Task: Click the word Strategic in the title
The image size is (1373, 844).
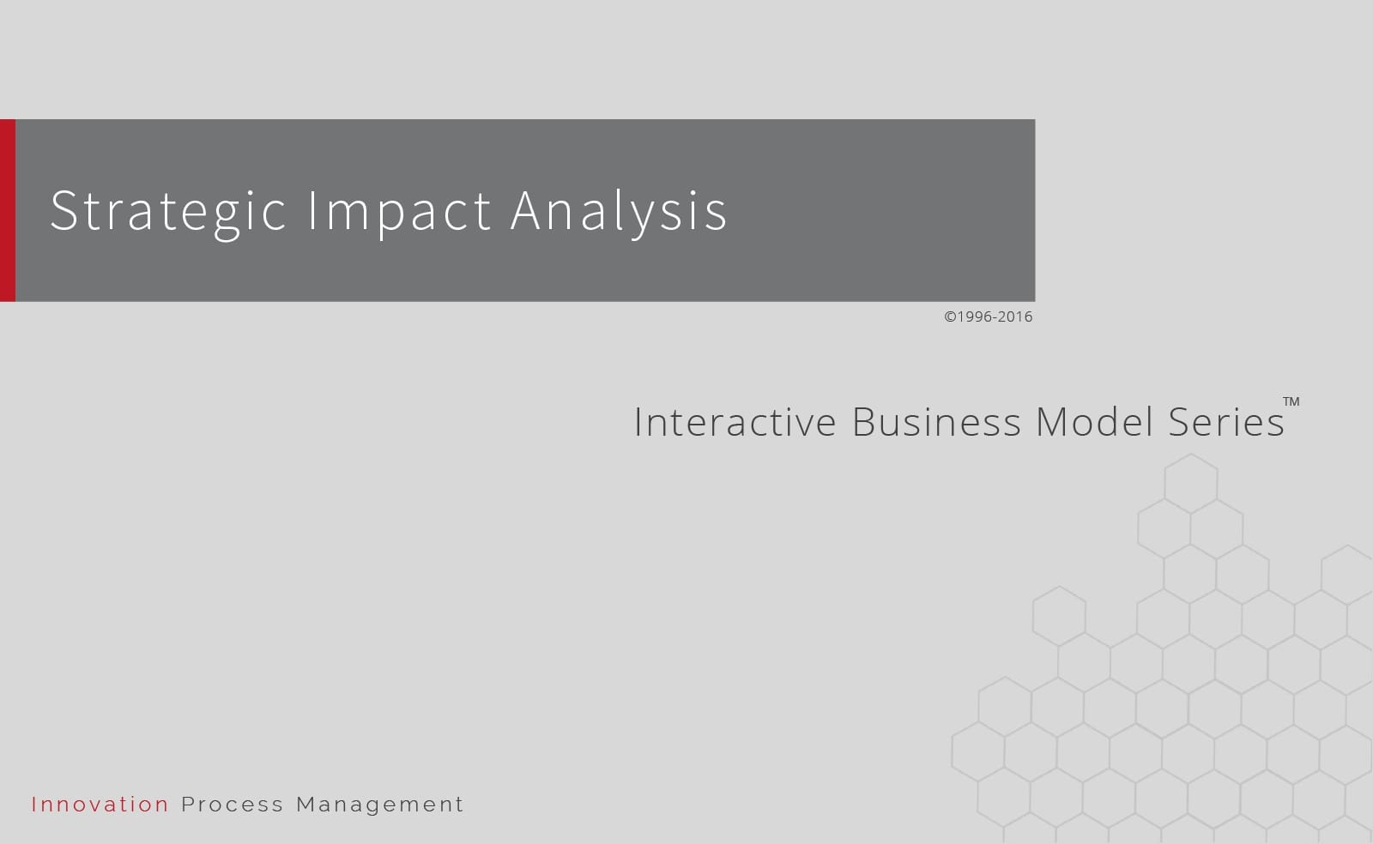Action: pos(167,210)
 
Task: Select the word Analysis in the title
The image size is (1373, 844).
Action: pos(619,210)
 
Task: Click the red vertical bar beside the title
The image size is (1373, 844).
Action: pos(8,210)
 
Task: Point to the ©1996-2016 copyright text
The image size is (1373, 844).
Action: pos(989,316)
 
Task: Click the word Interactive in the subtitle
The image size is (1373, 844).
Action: pos(735,422)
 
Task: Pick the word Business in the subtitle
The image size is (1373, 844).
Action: pos(936,422)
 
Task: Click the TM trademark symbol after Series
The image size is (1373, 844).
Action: pos(1291,401)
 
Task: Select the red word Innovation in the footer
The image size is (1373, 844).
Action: pos(100,805)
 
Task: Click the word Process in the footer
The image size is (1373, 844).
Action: pos(233,805)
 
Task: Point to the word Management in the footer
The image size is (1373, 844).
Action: pos(380,805)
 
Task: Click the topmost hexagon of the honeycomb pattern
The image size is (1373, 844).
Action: pos(1191,484)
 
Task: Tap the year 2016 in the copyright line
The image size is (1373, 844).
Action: pos(1015,316)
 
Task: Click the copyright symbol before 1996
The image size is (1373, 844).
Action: pos(950,316)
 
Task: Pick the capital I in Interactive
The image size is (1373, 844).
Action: pos(638,422)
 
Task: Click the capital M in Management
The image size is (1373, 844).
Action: pos(306,805)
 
